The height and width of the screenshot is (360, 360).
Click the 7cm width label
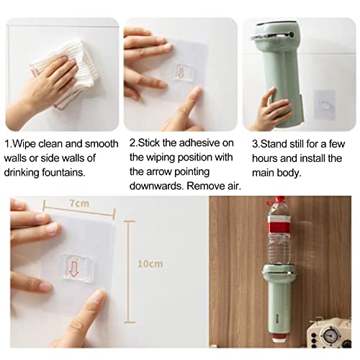[80, 204]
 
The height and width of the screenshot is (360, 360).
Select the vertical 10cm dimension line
[128, 264]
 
